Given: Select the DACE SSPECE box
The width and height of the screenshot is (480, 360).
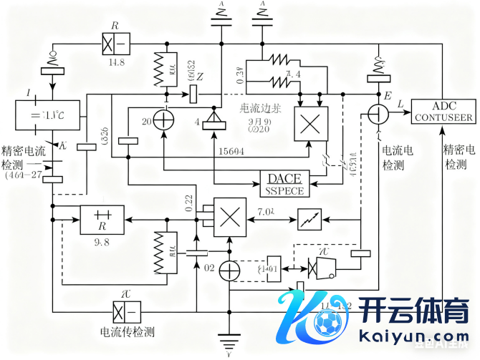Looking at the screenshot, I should pos(284,184).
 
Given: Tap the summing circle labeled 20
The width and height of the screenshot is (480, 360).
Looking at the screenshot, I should pos(165,122).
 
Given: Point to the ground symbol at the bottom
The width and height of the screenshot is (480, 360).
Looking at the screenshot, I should pos(229,340).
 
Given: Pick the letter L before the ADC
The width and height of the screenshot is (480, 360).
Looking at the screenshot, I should pos(400,105).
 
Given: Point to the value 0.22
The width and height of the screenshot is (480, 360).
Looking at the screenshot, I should pos(188,203).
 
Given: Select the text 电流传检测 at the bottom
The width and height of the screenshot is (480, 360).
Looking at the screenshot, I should pos(128,332).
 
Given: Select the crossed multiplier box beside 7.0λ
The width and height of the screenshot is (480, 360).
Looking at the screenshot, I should pos(229,216).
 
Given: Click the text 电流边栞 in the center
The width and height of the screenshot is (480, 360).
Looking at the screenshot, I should pos(259,112).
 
